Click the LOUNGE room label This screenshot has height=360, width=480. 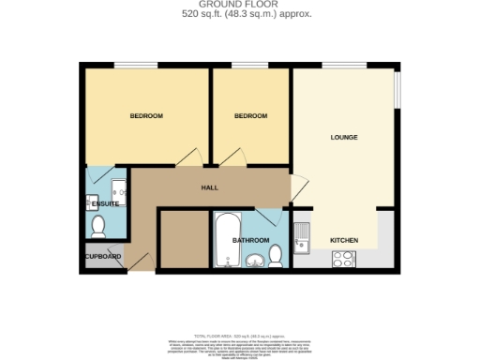point(344,138)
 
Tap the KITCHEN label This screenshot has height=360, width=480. point(344,241)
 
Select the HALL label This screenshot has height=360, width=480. point(210,187)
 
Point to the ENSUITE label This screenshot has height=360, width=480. point(104,203)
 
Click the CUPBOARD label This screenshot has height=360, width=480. point(102,256)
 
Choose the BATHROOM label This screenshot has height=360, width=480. point(250,241)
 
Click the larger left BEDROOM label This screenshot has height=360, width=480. point(146,115)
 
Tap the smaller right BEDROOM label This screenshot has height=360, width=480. point(250,115)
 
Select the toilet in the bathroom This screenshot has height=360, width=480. point(276,255)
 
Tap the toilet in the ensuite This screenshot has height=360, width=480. point(98,225)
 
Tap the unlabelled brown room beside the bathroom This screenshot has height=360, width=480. point(183,239)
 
